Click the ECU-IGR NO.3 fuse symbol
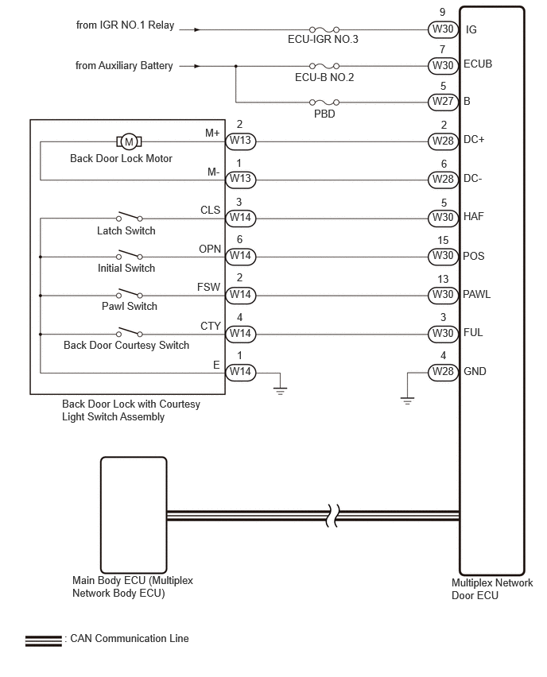tap(324, 29)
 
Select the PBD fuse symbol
tap(324, 103)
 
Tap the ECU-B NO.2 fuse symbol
tap(324, 66)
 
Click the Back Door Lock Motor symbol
tap(129, 141)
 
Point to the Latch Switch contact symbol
tap(129, 216)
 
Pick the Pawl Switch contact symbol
tap(129, 293)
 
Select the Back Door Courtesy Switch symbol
tap(129, 332)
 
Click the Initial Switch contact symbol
tap(129, 255)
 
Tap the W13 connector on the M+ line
tap(241, 141)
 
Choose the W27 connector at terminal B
tap(443, 102)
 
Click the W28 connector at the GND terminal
tap(443, 372)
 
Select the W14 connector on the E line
tap(241, 372)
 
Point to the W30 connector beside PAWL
tap(443, 295)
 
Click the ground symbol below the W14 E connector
tap(280, 391)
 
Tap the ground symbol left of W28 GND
tap(407, 400)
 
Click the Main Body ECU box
tap(134, 515)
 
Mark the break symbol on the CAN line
tap(332, 515)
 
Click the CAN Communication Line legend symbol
tap(43, 640)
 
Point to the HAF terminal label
tap(474, 216)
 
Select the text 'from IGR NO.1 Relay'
tap(126, 25)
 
